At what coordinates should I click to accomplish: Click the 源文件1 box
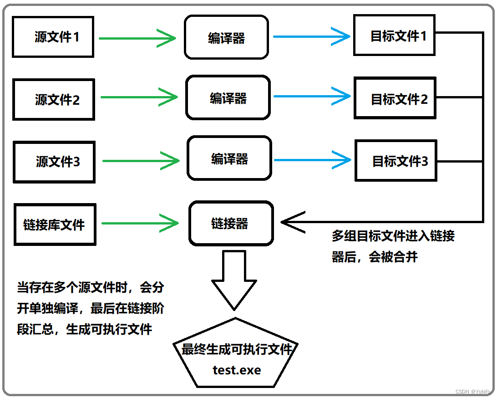pos(53,37)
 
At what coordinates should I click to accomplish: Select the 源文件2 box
pos(54,99)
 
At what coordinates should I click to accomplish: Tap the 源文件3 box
pos(54,162)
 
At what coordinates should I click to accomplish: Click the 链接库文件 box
pos(55,224)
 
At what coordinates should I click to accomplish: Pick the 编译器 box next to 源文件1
pos(226,37)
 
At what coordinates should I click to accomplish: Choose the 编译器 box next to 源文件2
pos(228,98)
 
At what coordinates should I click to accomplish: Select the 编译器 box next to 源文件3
pos(229,158)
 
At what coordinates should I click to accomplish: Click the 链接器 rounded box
pos(231,223)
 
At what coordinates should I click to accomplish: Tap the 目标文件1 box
pos(394,36)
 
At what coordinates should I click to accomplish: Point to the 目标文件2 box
pos(395,98)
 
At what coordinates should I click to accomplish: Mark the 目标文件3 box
pos(396,161)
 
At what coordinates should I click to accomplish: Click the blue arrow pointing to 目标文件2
pos(312,96)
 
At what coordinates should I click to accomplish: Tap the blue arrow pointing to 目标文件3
pos(313,159)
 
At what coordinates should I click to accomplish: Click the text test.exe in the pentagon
pos(237,370)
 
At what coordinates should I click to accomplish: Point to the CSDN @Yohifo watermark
pos(473,392)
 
